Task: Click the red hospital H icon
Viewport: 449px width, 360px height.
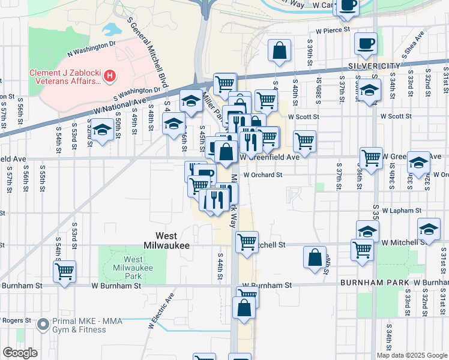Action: point(110,76)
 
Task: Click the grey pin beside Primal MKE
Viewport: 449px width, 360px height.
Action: point(42,325)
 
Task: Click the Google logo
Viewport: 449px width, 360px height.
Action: point(20,353)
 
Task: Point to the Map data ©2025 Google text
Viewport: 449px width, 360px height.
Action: point(412,355)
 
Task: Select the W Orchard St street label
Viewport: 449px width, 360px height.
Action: point(262,175)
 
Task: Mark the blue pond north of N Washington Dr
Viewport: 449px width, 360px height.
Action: point(112,29)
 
